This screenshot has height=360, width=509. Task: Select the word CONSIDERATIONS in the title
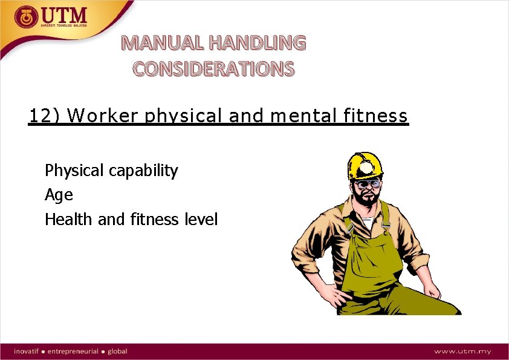tap(214, 69)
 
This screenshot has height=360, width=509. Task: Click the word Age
tap(59, 195)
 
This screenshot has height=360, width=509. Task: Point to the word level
tap(201, 219)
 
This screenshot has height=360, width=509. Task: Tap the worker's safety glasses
tap(367, 183)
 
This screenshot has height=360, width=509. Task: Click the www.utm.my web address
tap(463, 351)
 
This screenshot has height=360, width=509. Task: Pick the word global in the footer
tap(117, 351)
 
